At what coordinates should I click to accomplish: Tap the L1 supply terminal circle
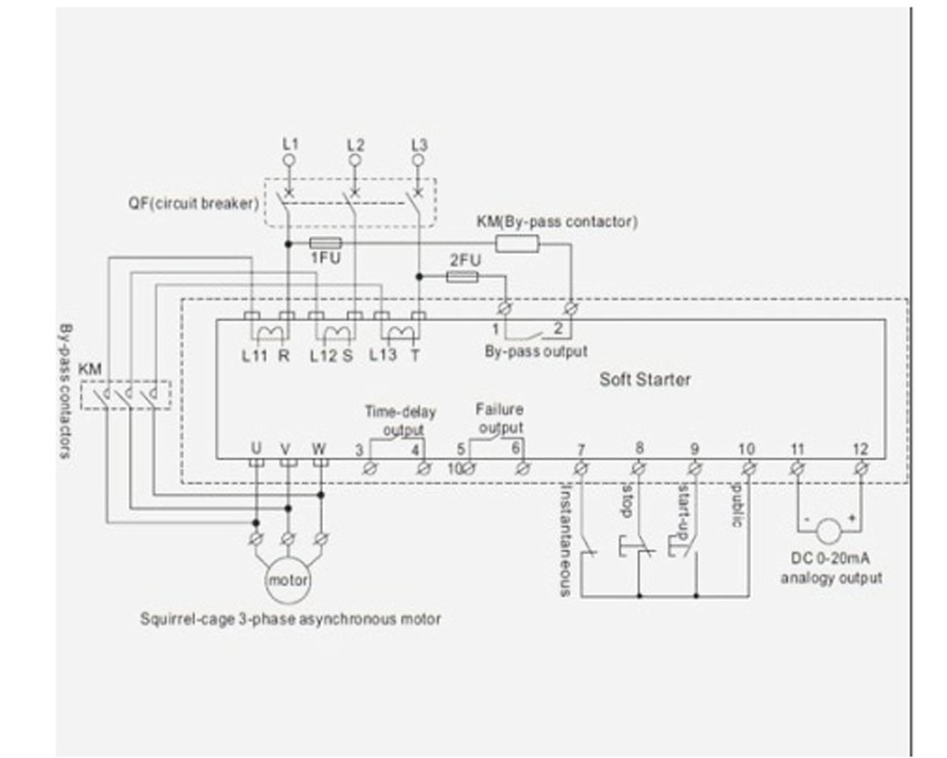tap(289, 159)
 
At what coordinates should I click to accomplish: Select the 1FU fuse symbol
tap(326, 243)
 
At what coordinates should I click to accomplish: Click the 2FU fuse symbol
tap(463, 277)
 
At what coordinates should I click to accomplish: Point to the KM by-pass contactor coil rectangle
tap(517, 244)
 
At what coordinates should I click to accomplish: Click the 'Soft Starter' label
tap(644, 380)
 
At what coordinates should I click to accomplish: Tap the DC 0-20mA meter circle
tap(830, 532)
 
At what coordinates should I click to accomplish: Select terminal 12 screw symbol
tap(862, 468)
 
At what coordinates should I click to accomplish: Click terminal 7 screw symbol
tap(581, 468)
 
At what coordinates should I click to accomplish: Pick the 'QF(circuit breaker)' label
tap(193, 203)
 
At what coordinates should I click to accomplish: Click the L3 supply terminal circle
tap(418, 159)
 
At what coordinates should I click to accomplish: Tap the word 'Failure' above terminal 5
tap(499, 409)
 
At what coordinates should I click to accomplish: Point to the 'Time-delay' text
tap(401, 412)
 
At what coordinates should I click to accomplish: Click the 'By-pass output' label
tap(536, 352)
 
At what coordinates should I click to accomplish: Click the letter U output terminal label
tap(256, 448)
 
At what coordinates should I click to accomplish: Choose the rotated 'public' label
tap(738, 505)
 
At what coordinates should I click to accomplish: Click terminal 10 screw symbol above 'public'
tap(749, 468)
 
